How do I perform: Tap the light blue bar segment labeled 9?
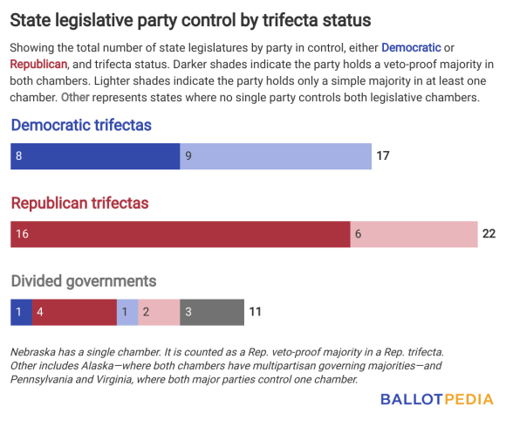[275, 156]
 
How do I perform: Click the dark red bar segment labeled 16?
[180, 234]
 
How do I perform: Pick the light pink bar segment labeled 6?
[414, 234]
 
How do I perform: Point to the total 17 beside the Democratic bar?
[383, 156]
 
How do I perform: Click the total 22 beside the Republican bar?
[489, 234]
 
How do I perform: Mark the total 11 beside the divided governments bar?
[256, 312]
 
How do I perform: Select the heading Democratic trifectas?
[81, 126]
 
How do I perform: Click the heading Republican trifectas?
[79, 204]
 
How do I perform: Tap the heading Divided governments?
[84, 281]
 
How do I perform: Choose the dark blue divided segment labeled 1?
[21, 312]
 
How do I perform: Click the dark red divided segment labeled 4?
[74, 312]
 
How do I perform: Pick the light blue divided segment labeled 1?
[127, 312]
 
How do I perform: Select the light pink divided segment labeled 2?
[159, 312]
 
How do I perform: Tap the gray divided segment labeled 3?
[212, 312]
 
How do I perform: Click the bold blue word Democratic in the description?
[411, 46]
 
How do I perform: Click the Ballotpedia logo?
[437, 399]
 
